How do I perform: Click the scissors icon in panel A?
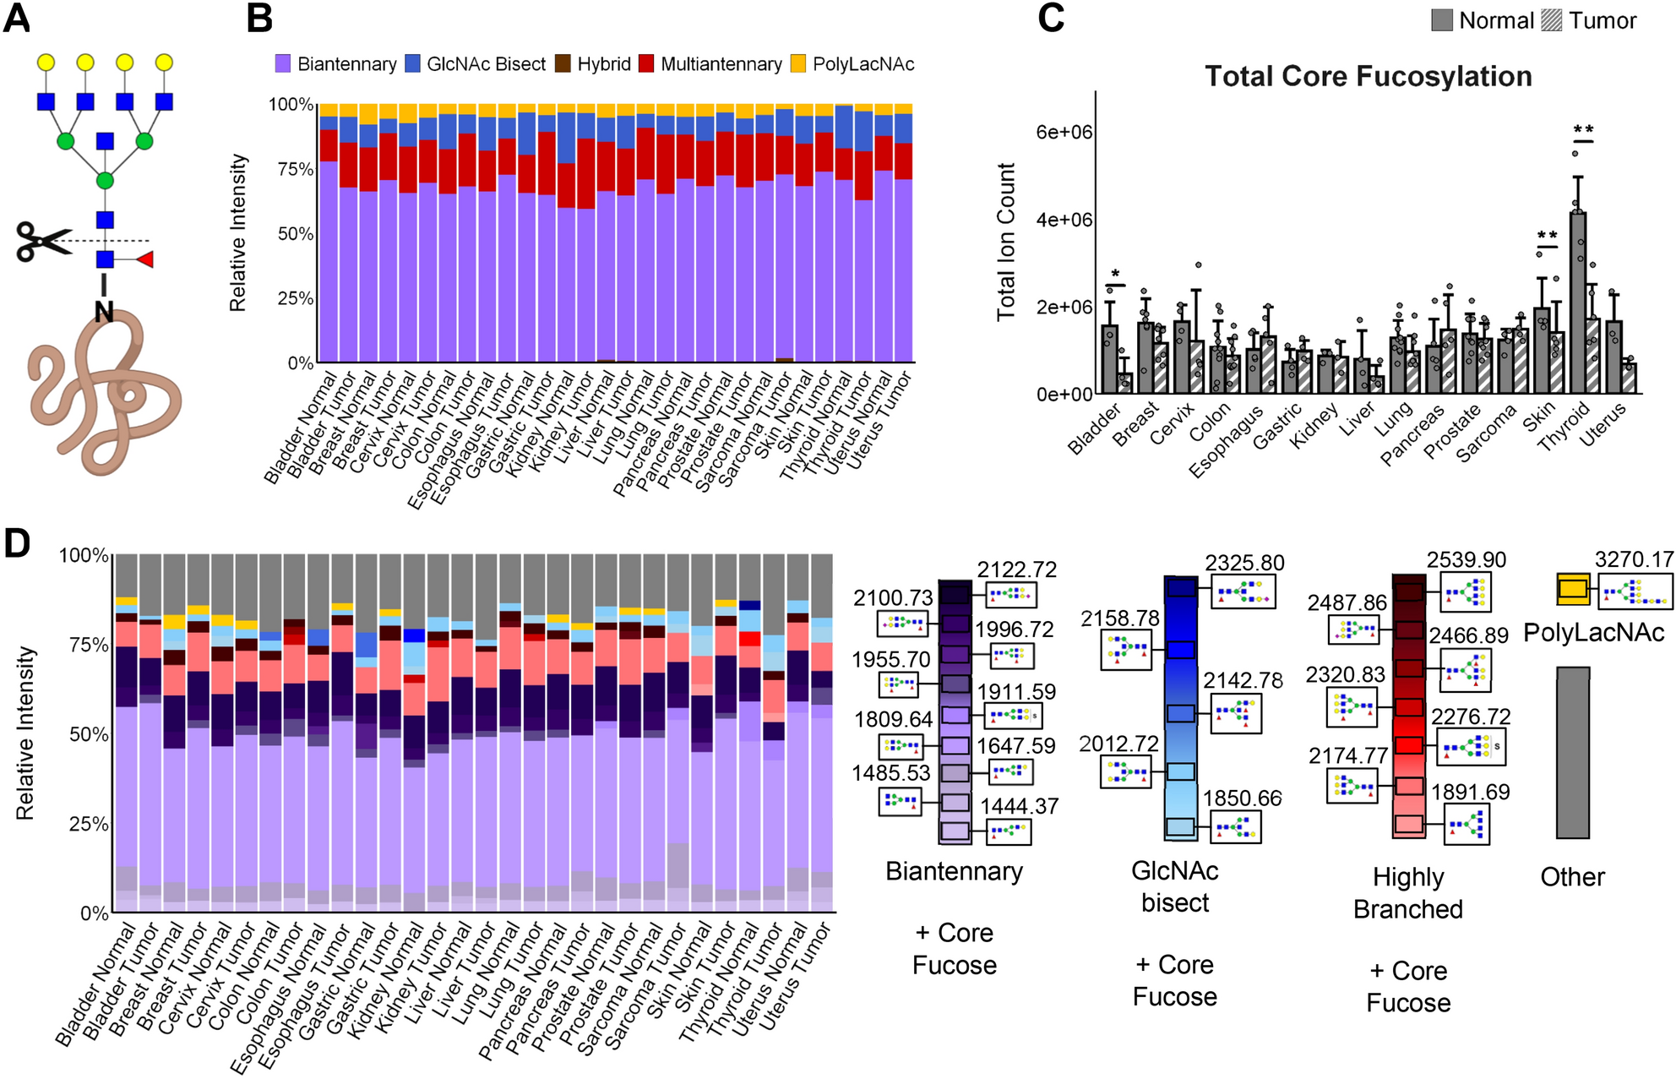tap(42, 243)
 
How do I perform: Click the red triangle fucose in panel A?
tap(144, 259)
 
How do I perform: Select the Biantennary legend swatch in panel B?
tap(283, 64)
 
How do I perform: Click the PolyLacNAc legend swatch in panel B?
tap(798, 64)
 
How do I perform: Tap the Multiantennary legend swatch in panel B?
tap(646, 64)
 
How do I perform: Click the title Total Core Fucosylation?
tap(1368, 77)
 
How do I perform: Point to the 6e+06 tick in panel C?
tap(1064, 132)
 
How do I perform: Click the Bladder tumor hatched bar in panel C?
tap(1124, 383)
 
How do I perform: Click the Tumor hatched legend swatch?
tap(1552, 20)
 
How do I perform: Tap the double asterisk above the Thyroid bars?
tap(1583, 130)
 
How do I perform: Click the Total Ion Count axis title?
tap(1005, 243)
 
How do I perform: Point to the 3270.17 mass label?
tap(1634, 559)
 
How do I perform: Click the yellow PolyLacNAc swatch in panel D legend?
tap(1573, 589)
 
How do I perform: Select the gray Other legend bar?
tap(1573, 752)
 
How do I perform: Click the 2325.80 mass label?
tap(1244, 563)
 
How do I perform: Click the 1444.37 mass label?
tap(1019, 806)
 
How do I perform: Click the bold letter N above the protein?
tap(104, 311)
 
